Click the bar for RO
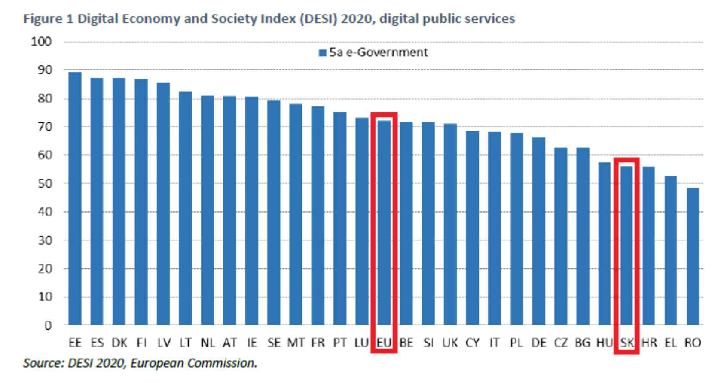(x=693, y=256)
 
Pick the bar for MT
(x=296, y=214)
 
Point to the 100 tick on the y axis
(x=41, y=42)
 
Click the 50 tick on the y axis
(x=43, y=183)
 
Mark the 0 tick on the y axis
(x=48, y=325)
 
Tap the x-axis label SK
(x=627, y=343)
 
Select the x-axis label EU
(x=384, y=343)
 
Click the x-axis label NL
(x=208, y=343)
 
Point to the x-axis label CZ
(x=561, y=343)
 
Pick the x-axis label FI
(x=141, y=343)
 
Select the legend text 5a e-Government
(x=378, y=52)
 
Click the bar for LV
(x=163, y=204)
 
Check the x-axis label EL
(x=671, y=343)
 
